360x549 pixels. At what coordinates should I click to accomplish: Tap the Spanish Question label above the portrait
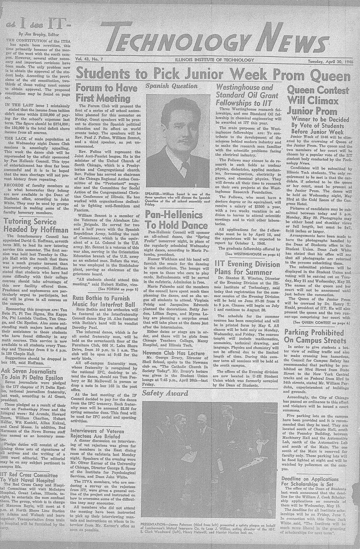pos(167,87)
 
